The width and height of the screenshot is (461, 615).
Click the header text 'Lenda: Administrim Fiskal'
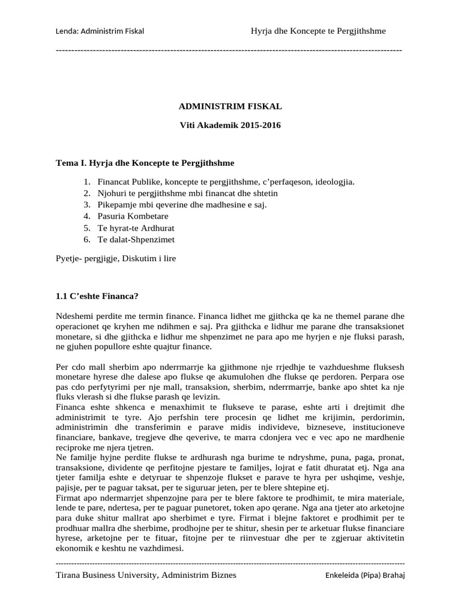(x=99, y=31)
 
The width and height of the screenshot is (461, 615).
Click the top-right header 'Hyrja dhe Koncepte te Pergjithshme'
(x=318, y=31)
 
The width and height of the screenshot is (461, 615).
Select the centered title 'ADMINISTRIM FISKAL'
(x=230, y=106)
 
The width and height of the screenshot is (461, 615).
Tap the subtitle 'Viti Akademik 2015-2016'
(x=230, y=126)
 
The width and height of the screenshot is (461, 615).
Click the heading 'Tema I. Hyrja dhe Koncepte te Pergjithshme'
(x=145, y=163)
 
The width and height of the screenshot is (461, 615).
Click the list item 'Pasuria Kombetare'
(x=133, y=216)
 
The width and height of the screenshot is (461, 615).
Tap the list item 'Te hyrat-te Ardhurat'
(x=136, y=228)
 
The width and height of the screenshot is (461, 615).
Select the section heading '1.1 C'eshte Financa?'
(x=97, y=297)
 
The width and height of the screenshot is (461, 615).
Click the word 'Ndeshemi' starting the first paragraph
(x=74, y=315)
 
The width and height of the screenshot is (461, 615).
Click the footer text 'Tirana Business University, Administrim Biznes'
(x=145, y=575)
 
